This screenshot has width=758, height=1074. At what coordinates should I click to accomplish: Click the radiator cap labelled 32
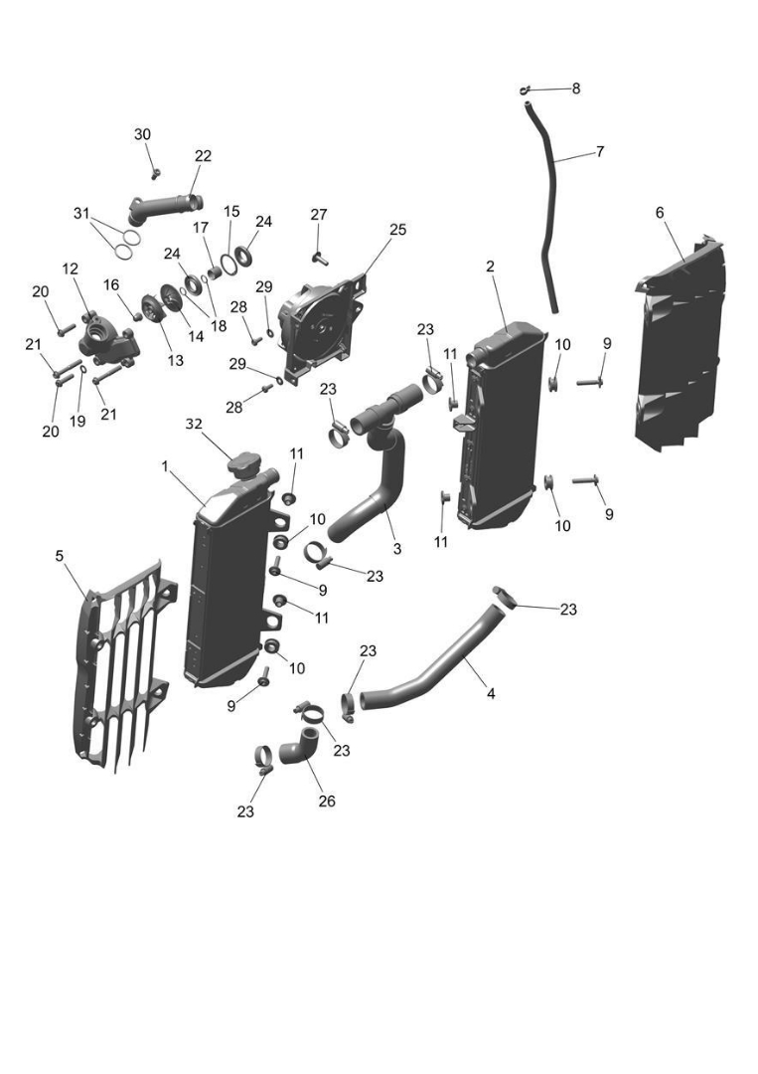click(243, 464)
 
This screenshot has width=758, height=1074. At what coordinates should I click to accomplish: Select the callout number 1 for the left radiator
click(165, 465)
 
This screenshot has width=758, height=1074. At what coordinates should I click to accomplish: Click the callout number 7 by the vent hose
click(600, 152)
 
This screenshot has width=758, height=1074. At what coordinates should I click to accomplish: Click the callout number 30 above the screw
click(143, 134)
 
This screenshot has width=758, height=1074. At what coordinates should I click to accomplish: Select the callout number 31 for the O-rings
click(81, 213)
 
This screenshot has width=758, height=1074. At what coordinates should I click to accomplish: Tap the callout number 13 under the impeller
click(175, 360)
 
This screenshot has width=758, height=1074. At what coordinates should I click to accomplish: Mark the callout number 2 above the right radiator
click(490, 267)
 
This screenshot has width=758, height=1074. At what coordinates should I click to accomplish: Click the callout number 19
click(77, 421)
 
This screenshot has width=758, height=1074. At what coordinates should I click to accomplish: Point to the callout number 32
click(195, 423)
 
